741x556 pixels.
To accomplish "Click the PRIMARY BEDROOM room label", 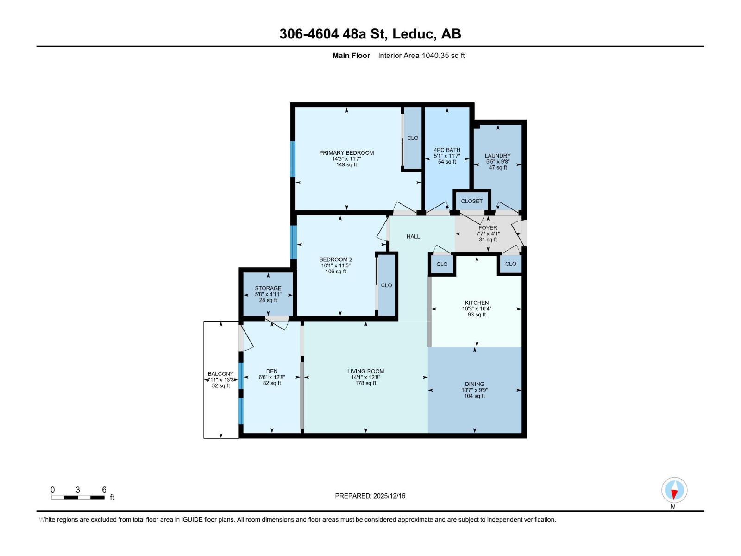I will [x=346, y=152].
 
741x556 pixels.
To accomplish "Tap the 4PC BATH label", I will [x=447, y=150].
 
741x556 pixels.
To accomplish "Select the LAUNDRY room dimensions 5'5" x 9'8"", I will [x=498, y=162].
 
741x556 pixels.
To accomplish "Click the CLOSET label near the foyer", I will [x=471, y=201].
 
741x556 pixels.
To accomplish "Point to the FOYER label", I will [x=488, y=227].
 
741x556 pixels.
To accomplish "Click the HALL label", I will [x=413, y=236].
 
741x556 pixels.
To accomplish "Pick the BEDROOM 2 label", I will [x=336, y=259].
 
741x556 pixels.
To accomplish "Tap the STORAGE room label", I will [x=268, y=288].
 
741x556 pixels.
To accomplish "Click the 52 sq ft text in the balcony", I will [x=221, y=385].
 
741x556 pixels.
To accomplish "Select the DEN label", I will [x=272, y=371].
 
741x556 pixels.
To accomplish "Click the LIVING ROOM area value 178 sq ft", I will [x=365, y=383].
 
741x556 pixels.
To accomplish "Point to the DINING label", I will [x=474, y=384].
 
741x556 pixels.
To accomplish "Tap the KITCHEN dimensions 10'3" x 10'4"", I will [x=477, y=309].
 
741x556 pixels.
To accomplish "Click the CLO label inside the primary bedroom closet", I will [x=412, y=138].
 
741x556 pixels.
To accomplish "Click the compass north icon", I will [x=674, y=490].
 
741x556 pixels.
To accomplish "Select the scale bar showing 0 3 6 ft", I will [x=78, y=497].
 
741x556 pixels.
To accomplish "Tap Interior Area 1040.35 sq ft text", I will [x=421, y=56].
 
